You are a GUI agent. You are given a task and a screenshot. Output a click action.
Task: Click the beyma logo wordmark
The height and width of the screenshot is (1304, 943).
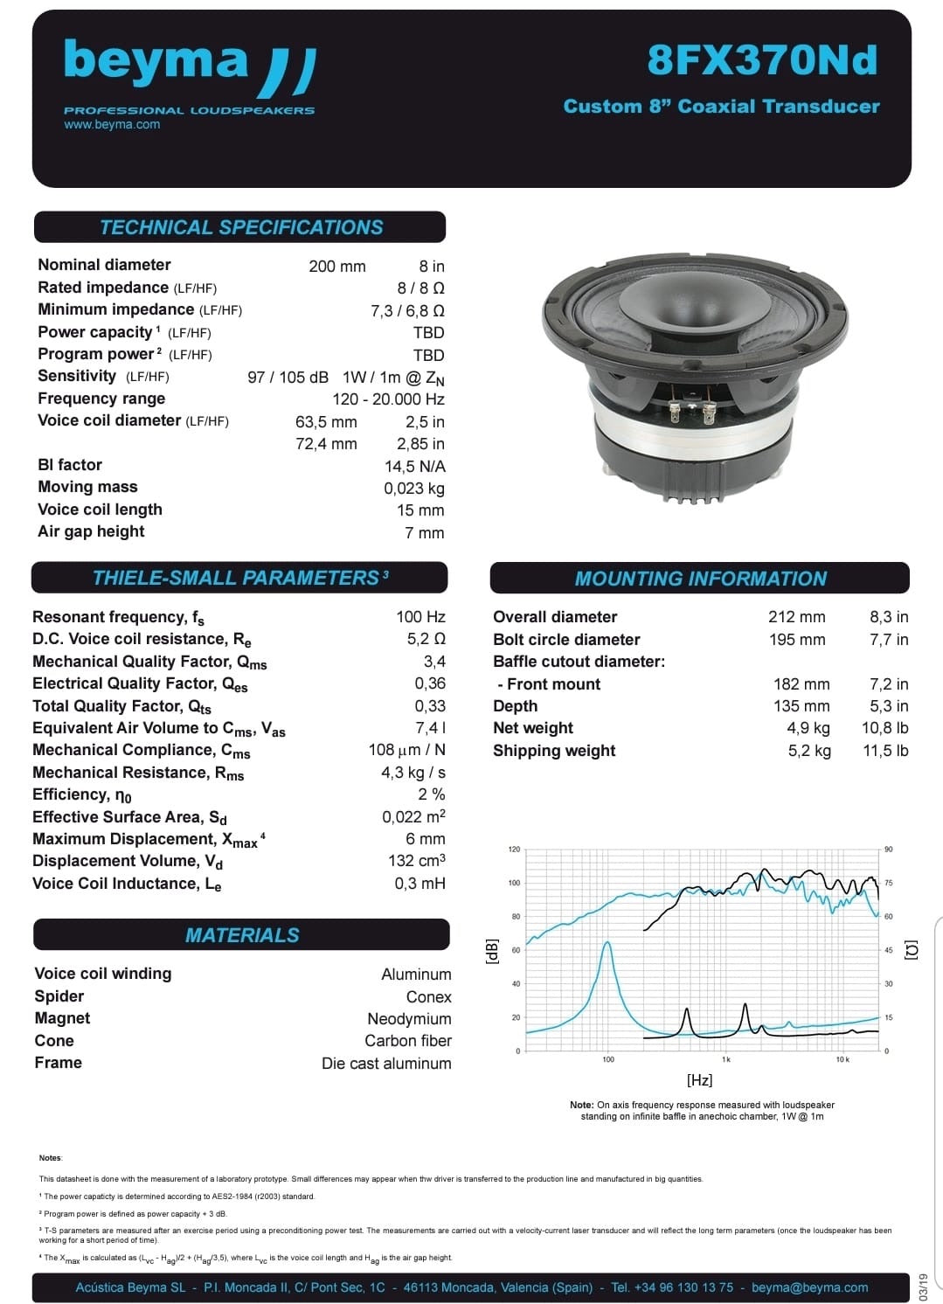coord(157,61)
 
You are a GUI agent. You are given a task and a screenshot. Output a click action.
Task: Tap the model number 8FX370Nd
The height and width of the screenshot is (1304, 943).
coord(762,60)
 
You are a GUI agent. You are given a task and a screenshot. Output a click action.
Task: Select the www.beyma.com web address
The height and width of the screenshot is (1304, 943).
coord(112,124)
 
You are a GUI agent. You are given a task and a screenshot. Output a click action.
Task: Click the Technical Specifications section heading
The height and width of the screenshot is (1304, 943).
coord(240,227)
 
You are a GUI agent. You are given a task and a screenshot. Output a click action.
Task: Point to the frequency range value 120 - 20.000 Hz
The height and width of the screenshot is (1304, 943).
coord(388,399)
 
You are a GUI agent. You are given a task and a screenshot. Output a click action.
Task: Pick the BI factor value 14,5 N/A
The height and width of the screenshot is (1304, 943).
coord(414,466)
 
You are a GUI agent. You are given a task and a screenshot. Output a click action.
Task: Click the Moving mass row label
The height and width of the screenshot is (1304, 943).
coord(87,487)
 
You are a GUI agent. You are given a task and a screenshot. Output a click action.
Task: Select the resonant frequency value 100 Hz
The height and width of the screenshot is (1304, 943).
coord(420,617)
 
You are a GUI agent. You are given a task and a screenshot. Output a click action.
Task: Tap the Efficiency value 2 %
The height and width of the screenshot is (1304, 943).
coord(431,794)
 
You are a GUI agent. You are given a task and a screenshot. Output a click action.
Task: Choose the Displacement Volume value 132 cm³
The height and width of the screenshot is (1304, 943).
coord(416,861)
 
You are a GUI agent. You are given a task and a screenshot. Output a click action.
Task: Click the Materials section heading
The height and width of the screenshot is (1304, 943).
coord(242,935)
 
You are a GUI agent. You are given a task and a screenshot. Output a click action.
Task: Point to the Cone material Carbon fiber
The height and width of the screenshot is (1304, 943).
coord(408,1041)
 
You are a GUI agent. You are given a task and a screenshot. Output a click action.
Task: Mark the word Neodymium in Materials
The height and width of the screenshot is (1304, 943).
coord(409,1019)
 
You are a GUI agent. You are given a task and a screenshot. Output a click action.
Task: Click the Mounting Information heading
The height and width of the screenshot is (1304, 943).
coord(700,579)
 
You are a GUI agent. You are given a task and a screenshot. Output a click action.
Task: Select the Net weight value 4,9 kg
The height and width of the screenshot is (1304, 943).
coord(808,728)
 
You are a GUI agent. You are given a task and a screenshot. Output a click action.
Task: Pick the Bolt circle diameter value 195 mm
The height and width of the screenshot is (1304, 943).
coord(796,640)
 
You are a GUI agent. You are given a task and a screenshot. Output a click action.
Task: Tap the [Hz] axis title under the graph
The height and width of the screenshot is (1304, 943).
coord(699,1080)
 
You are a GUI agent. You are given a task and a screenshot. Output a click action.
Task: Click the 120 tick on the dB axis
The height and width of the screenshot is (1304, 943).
coord(514,850)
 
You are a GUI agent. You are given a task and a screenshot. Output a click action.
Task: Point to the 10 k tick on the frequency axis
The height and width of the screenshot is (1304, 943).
coord(842,1059)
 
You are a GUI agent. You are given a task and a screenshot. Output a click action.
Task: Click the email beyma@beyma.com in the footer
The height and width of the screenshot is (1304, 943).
coord(809,1287)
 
